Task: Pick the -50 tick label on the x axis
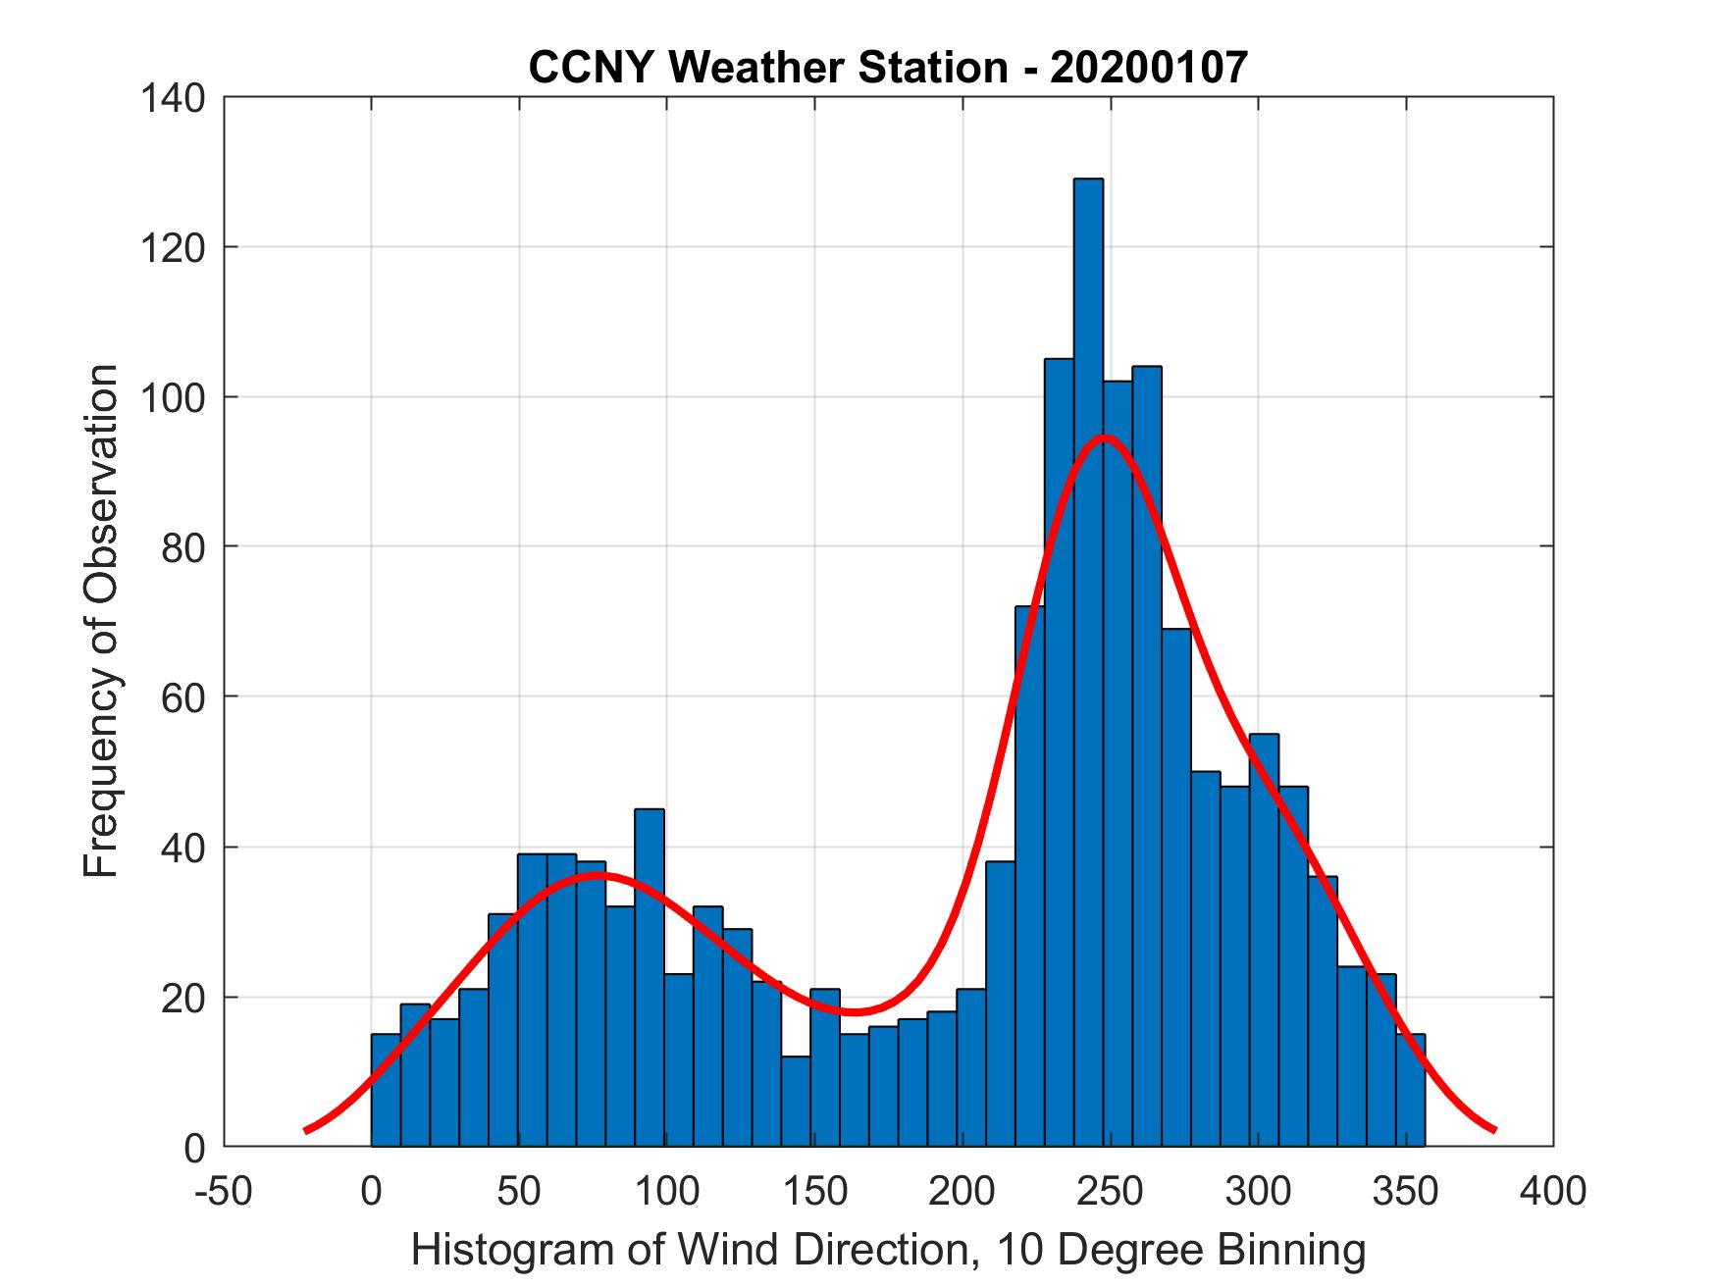(x=225, y=1191)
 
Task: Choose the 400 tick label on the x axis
(x=1553, y=1191)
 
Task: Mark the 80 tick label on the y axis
(x=183, y=546)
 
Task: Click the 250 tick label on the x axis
(x=1111, y=1191)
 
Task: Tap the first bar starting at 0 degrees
(x=386, y=1090)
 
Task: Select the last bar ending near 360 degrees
(x=1411, y=1090)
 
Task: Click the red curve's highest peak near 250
(x=1105, y=438)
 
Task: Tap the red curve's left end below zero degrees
(x=307, y=1129)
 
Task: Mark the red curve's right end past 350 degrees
(x=1492, y=1129)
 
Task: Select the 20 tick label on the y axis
(x=183, y=998)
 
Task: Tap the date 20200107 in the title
(x=1149, y=68)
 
